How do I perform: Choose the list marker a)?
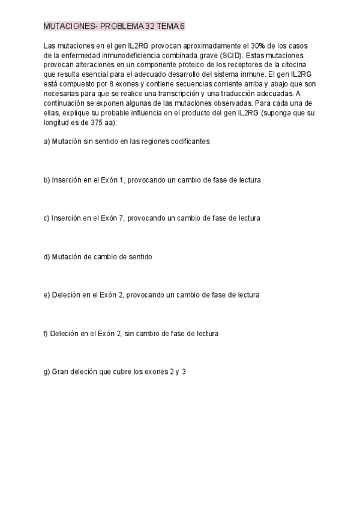click(x=47, y=142)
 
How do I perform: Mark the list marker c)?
click(x=47, y=218)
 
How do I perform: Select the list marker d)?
click(x=47, y=257)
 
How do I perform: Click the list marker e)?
click(x=47, y=295)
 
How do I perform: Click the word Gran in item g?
click(x=61, y=372)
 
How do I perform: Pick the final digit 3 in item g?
click(x=184, y=372)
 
